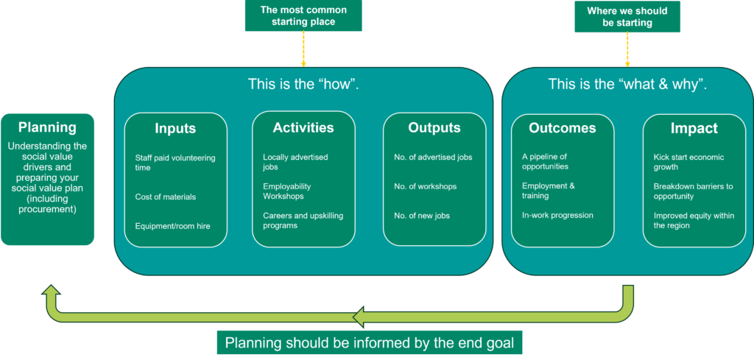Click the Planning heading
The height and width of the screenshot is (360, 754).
47,127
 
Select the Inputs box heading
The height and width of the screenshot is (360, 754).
175,129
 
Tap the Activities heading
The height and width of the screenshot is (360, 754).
303,127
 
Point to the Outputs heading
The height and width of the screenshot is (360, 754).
434,127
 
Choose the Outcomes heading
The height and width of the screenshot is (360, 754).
563,127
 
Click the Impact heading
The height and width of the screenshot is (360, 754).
694,128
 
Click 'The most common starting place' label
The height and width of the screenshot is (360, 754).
303,15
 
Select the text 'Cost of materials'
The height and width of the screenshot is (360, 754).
166,197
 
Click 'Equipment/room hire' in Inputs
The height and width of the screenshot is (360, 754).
172,226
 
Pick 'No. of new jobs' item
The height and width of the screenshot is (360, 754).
422,216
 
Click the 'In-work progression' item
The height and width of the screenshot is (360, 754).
557,216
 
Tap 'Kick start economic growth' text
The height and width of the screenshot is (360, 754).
688,162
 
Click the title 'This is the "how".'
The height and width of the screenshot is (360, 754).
303,84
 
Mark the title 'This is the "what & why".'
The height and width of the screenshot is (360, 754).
627,84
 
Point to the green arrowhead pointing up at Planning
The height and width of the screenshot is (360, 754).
51,293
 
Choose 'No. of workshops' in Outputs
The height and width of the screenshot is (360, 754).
425,186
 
